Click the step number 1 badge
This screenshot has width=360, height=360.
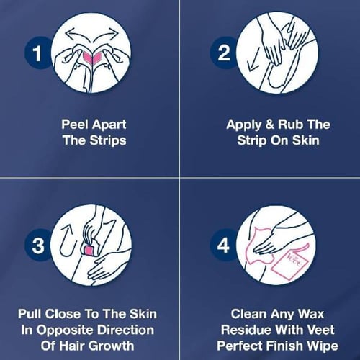click(x=37, y=53)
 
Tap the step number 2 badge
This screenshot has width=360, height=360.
click(x=224, y=53)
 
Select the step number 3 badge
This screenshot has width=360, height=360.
click(x=38, y=246)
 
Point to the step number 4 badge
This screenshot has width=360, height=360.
click(x=223, y=246)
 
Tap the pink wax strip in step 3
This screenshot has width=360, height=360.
click(x=89, y=251)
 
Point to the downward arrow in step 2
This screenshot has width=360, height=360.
click(x=253, y=60)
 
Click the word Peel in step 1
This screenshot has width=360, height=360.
click(x=75, y=125)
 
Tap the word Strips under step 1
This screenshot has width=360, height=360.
click(x=108, y=140)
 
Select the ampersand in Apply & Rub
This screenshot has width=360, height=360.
click(x=270, y=125)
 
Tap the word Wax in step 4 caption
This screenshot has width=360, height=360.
click(x=310, y=314)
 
